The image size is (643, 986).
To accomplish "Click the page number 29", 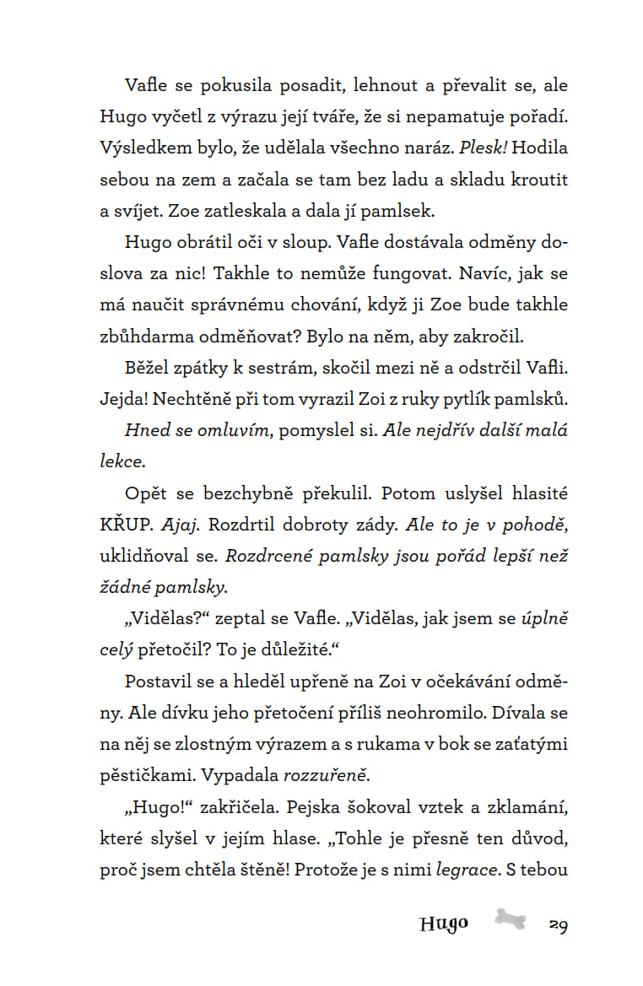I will click(x=558, y=924).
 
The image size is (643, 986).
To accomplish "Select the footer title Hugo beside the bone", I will click(x=443, y=924).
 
